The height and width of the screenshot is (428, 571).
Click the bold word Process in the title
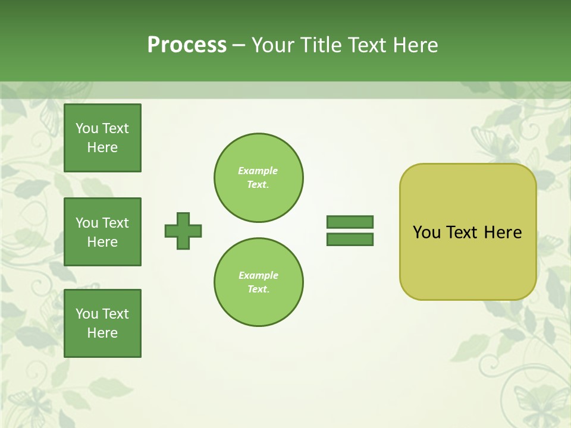click(x=187, y=45)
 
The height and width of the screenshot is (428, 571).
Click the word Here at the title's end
click(x=415, y=45)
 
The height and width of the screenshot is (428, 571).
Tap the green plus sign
click(x=183, y=231)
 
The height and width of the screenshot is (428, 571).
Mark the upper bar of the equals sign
click(x=350, y=222)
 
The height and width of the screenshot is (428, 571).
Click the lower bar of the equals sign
click(x=350, y=240)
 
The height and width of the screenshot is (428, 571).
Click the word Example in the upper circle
click(x=258, y=171)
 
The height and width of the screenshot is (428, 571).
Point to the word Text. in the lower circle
click(x=258, y=289)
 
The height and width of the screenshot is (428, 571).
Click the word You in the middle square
click(x=86, y=223)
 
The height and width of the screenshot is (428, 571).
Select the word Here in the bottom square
click(x=102, y=333)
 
